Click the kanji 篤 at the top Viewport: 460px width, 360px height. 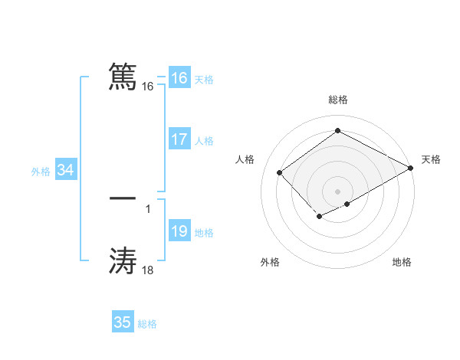coord(123,77)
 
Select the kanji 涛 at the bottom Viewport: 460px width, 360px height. coord(123,261)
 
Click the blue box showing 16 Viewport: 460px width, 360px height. coord(179,78)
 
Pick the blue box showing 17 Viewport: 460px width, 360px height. coord(179,139)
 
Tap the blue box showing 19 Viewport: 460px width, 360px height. coord(179,231)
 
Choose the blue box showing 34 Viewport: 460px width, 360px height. coord(65,170)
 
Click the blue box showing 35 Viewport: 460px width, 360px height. coord(123,322)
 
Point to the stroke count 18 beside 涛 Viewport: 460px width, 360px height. coord(148,270)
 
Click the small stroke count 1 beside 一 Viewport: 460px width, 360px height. coord(148,208)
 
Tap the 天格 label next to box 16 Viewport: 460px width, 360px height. coord(204,80)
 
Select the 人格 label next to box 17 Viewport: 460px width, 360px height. coord(204,141)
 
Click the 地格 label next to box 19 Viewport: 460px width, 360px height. coord(204,233)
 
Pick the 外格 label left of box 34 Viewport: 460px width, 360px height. coord(41,172)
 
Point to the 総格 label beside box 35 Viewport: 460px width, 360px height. coord(147,324)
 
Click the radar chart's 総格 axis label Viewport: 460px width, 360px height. coord(337,100)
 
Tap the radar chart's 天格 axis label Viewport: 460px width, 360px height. coord(431,159)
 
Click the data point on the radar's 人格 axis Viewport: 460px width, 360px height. coord(280,172)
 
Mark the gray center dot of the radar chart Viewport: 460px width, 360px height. coord(337,191)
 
